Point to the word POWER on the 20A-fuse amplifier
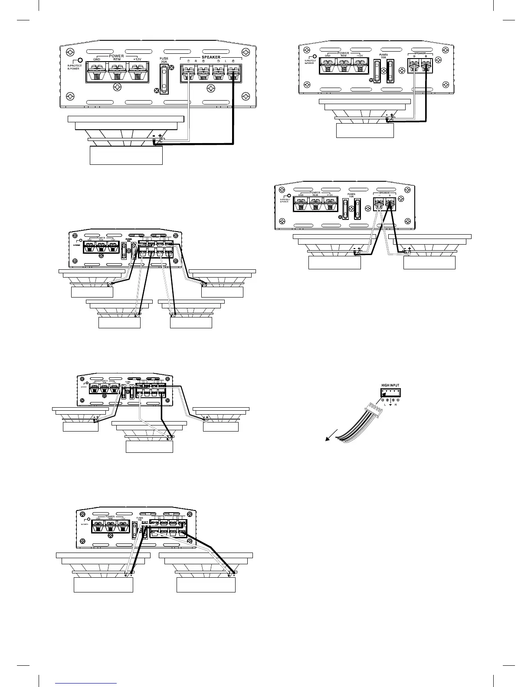(116, 56)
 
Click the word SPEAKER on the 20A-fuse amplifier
(211, 57)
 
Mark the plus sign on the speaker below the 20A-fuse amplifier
(161, 136)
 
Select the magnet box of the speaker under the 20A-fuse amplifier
(126, 155)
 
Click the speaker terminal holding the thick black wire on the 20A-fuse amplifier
(234, 72)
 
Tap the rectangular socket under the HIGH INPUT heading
(390, 393)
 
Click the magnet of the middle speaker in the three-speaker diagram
(149, 446)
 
